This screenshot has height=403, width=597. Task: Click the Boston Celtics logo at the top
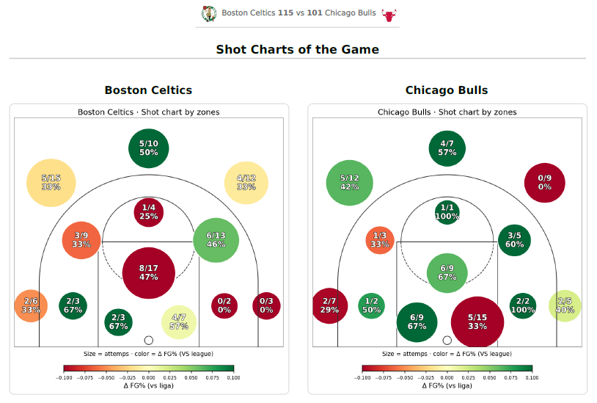209,13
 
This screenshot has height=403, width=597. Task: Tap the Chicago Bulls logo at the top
389,13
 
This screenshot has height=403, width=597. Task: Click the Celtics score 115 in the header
285,13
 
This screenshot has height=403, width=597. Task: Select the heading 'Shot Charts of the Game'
297,50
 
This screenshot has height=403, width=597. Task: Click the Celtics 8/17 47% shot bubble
149,272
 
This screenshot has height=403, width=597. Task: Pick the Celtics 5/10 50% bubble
149,148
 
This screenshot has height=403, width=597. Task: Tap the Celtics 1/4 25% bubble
149,211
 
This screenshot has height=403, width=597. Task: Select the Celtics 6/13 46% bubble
216,239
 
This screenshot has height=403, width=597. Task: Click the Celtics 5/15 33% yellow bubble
51,182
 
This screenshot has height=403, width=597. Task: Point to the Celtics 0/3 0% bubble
266,305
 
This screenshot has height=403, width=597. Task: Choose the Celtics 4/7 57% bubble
179,322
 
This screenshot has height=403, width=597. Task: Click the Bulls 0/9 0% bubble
545,182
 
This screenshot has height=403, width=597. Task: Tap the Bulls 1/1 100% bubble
447,211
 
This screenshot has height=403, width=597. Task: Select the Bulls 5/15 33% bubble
477,322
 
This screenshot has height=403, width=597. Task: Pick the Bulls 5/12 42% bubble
350,182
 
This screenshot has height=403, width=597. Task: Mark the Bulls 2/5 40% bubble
565,305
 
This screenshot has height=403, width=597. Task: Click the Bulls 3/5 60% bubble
515,239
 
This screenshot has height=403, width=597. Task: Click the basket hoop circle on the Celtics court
149,340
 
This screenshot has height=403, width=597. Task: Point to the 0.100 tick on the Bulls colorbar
532,377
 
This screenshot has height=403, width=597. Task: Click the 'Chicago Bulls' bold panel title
447,90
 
